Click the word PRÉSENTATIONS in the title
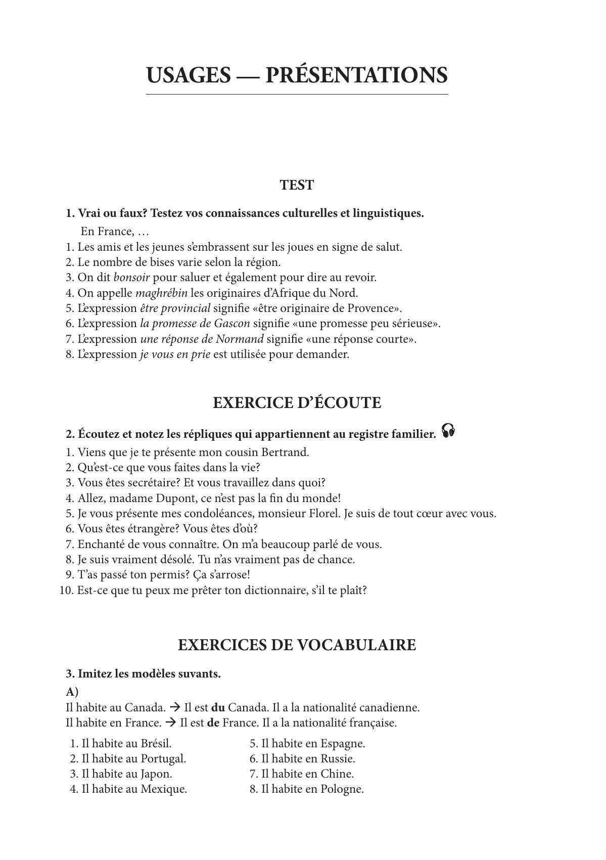tap(356, 75)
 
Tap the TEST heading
tap(297, 185)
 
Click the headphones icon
tap(448, 431)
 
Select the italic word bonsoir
tap(131, 278)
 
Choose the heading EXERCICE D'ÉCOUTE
tap(297, 403)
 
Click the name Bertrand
tap(287, 452)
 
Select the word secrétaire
tap(145, 483)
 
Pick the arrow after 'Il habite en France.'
tap(171, 723)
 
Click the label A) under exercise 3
tap(72, 692)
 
